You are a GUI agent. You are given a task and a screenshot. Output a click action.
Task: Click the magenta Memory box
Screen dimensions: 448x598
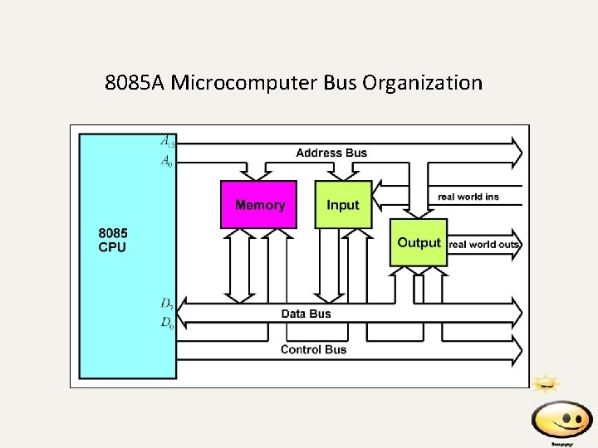(x=258, y=204)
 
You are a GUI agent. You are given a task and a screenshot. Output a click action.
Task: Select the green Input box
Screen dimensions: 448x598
(x=343, y=204)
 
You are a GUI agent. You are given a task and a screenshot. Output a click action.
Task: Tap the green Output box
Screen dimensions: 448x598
(x=419, y=242)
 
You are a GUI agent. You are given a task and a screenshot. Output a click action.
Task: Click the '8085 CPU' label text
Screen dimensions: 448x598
(x=113, y=240)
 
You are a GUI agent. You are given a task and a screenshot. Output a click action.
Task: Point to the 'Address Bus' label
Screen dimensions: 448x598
(x=331, y=153)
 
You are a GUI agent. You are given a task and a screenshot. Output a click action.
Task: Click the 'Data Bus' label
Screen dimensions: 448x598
(x=306, y=314)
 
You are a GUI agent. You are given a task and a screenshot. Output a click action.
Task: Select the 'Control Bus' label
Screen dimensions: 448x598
(x=313, y=349)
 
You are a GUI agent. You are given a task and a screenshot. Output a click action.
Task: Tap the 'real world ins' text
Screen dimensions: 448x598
(x=468, y=197)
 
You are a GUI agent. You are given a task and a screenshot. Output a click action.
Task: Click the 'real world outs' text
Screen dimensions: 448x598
(x=484, y=244)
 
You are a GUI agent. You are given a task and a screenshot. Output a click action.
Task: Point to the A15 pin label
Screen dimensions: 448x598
(x=168, y=140)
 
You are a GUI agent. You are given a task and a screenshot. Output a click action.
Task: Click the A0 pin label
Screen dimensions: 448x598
(x=167, y=161)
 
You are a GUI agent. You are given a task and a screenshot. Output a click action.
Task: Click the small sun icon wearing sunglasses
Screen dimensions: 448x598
(x=546, y=383)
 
